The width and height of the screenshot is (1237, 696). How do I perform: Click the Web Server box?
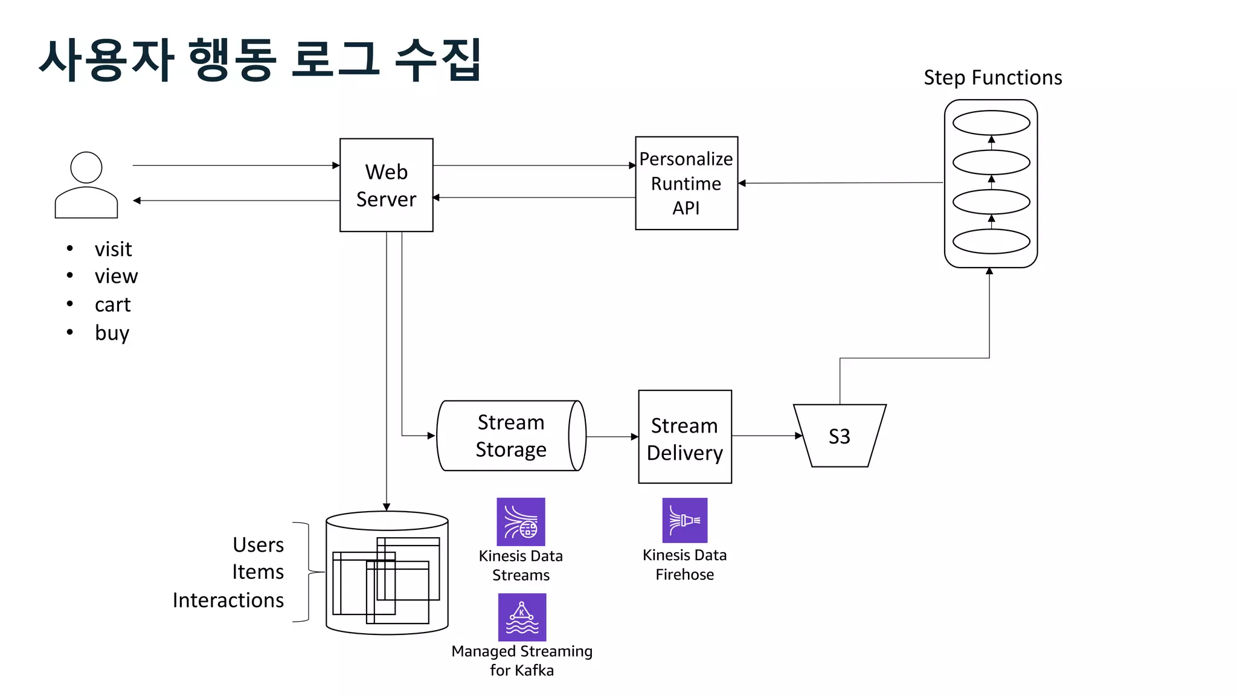tap(386, 185)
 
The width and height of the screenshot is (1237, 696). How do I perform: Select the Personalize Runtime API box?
tap(686, 183)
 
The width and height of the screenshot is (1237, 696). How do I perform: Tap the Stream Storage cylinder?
tap(510, 436)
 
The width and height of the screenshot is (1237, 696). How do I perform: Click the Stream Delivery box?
tap(684, 437)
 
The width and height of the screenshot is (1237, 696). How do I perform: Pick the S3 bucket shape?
tap(839, 436)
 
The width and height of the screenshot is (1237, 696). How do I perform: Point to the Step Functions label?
tap(992, 78)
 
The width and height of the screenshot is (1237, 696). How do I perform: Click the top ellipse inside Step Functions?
tap(991, 123)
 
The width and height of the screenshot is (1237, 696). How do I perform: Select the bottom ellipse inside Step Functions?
tap(991, 242)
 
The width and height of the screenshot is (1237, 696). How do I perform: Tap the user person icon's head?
tap(86, 167)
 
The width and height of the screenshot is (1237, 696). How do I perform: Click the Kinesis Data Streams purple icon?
tap(521, 522)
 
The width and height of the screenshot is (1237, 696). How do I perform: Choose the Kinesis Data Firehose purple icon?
tap(684, 520)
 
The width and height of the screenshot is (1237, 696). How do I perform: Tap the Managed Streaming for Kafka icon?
tap(522, 617)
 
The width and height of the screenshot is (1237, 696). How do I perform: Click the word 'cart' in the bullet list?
tap(112, 304)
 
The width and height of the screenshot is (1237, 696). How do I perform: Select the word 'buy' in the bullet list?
tap(112, 333)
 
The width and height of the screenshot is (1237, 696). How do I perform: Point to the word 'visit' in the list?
tap(113, 249)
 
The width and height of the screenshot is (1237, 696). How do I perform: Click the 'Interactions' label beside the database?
tap(228, 600)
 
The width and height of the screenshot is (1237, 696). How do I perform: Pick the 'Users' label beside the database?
tap(258, 544)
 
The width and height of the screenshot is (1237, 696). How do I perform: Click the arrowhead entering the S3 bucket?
tap(798, 436)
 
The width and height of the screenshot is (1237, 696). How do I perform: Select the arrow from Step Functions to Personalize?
tap(840, 183)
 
